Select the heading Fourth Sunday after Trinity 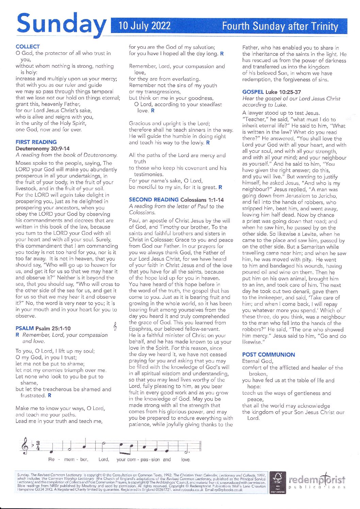[280, 27]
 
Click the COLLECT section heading [28, 47]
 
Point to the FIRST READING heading [36, 142]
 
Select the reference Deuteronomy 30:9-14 [43, 149]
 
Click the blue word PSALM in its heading [24, 328]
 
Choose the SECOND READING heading [153, 200]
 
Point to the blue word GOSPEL [253, 92]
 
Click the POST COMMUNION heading [268, 355]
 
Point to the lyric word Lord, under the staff [104, 459]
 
